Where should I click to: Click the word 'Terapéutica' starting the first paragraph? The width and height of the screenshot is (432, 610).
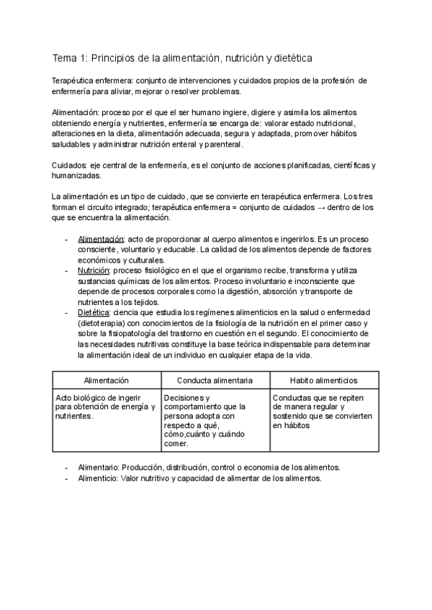(75, 81)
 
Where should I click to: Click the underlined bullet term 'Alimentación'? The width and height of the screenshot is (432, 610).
(102, 239)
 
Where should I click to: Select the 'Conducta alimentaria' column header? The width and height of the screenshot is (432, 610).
(215, 380)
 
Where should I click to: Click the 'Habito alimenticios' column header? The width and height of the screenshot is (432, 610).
(323, 380)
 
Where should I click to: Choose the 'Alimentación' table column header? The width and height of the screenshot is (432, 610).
(106, 380)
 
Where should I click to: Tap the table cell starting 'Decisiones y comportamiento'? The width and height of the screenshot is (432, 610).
(215, 420)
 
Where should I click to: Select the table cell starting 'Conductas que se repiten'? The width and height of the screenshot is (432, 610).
(323, 411)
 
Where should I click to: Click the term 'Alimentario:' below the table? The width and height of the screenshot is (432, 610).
(102, 467)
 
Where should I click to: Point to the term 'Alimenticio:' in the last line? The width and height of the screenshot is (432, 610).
(102, 478)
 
